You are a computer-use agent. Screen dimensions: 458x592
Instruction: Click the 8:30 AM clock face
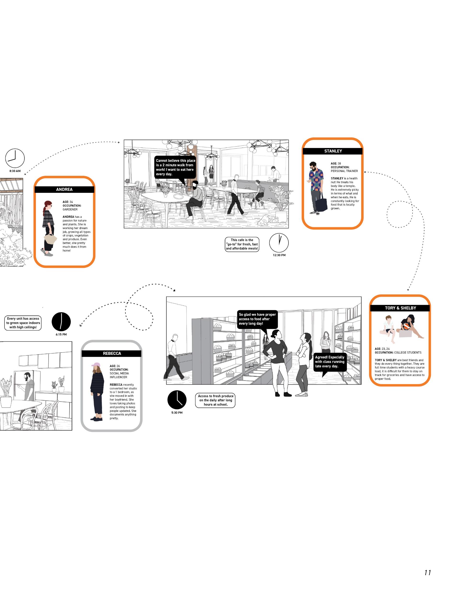tap(15, 158)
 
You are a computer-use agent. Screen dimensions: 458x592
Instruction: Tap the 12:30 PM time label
tap(279, 255)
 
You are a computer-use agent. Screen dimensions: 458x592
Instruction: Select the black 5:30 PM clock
tap(177, 400)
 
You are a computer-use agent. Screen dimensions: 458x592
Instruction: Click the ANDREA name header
tap(64, 189)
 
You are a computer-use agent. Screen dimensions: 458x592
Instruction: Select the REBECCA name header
tap(112, 354)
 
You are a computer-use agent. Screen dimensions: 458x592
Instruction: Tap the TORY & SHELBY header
tap(400, 308)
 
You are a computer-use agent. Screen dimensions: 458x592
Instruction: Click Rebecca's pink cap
tap(96, 365)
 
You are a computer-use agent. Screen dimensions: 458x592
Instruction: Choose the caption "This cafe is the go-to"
tap(242, 244)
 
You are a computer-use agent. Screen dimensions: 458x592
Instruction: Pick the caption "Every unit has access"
tap(23, 323)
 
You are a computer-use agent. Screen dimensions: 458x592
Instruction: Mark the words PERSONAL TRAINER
tap(344, 171)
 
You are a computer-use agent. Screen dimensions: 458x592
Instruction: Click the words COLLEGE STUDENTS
tap(407, 353)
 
